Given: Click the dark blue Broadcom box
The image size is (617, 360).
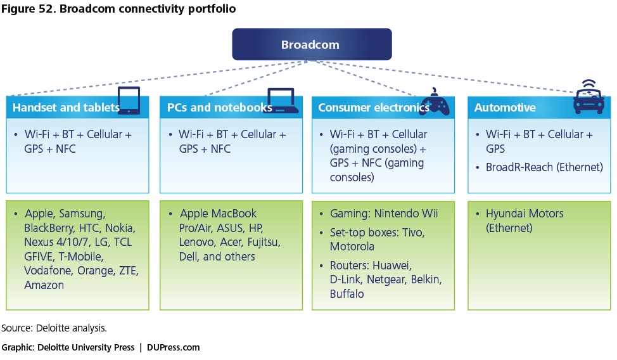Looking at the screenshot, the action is pos(312,44).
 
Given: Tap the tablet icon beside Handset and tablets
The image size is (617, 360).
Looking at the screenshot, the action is pos(129,100).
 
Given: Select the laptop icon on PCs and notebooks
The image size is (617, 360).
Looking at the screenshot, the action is pos(282,101).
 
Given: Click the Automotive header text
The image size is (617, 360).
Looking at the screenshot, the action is pos(505,108).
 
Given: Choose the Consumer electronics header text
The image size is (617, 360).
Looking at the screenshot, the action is pos(373,108).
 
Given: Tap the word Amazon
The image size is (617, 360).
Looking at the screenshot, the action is pos(44,285).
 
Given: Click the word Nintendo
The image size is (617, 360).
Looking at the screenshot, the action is pos(397,214).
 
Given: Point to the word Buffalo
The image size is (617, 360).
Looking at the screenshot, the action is pos(347,294).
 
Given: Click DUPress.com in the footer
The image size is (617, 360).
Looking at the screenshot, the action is pos(173,347).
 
